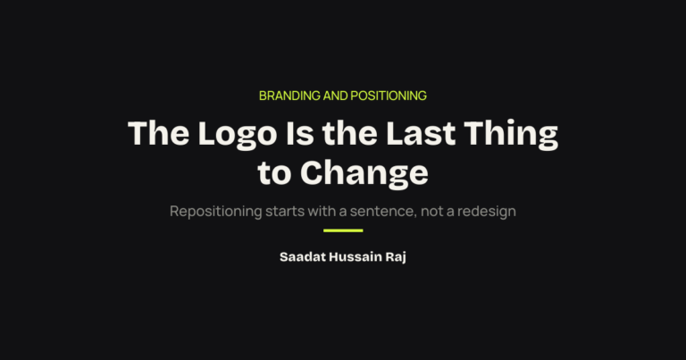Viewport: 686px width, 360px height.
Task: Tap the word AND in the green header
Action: (336, 96)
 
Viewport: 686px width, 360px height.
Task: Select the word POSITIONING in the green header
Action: (389, 96)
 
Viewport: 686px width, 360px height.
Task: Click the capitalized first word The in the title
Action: (158, 133)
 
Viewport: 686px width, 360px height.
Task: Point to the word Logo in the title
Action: (238, 136)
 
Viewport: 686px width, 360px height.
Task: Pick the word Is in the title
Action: (300, 133)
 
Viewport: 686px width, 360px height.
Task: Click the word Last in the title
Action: (421, 133)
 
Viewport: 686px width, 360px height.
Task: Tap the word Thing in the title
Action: (511, 136)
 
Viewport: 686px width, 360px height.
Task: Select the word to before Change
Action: (274, 173)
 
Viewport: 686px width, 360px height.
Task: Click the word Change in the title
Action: (364, 174)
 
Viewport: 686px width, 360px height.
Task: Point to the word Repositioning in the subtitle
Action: (215, 212)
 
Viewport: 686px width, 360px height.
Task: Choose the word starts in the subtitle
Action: (285, 212)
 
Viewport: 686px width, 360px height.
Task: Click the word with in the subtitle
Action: (322, 211)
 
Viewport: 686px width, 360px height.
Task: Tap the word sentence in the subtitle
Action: (383, 212)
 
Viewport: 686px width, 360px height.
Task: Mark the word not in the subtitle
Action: (431, 212)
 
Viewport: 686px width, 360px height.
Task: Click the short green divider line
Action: (343, 230)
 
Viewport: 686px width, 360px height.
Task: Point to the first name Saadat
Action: (303, 256)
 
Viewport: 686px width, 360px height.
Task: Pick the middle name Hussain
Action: (356, 256)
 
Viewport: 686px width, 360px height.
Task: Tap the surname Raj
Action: (396, 257)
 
